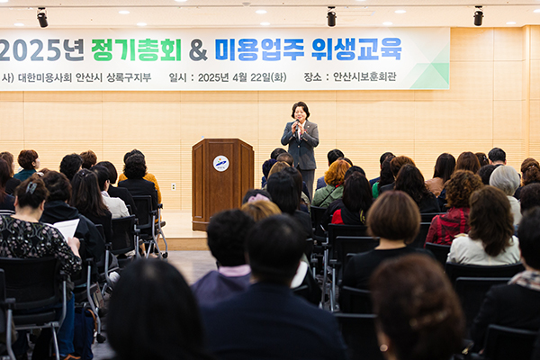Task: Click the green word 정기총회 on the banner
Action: coord(137,50)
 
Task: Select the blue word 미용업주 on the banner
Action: coord(260,49)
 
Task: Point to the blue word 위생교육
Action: coord(356,49)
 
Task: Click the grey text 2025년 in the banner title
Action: coord(42,50)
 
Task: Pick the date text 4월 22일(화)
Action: coord(259,77)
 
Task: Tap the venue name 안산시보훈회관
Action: coord(364,76)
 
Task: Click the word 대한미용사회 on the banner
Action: coord(45,77)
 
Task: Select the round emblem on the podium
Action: coord(220,164)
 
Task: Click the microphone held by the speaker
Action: coord(296,124)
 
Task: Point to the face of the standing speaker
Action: coord(301,113)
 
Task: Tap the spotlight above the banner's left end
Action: coord(42,18)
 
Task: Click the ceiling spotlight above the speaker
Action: coord(331,16)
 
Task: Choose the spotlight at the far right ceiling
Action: coord(479,16)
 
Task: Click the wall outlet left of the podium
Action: coord(174,187)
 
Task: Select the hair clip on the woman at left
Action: coord(31,187)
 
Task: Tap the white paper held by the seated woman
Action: coord(67,228)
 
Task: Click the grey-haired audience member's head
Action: coord(505,180)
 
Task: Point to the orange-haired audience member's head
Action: coord(337,173)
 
